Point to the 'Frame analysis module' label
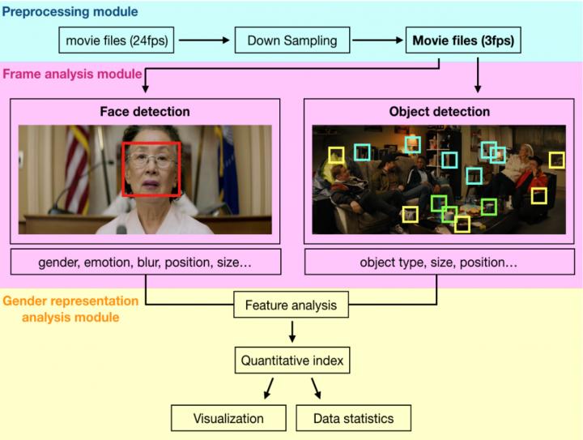pos(71,74)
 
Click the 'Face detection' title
pos(145,111)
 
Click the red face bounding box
pos(151,169)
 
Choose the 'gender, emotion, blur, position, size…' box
pos(145,263)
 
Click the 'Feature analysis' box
pos(291,306)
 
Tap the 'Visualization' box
pos(228,418)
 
